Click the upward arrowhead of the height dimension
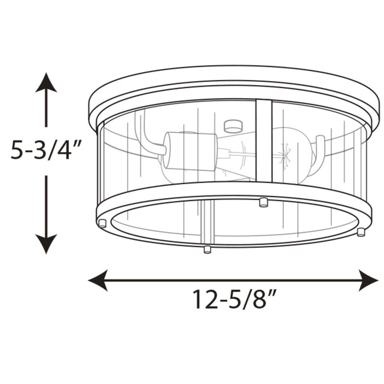pos(46,83)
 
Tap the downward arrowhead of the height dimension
pos(46,242)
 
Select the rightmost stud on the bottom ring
pos(361,231)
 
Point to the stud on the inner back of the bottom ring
pos(263,202)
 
